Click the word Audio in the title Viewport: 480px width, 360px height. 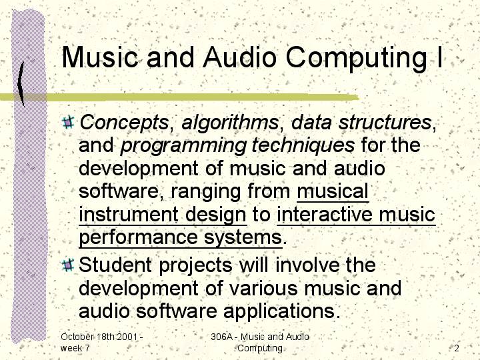tap(240, 57)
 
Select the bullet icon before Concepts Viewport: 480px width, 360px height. tap(68, 122)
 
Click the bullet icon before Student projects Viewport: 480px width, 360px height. tap(68, 265)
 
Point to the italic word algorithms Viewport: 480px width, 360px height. tap(230, 123)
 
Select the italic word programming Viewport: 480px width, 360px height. tap(183, 146)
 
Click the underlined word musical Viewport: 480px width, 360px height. tap(333, 191)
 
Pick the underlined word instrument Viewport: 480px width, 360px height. tap(129, 215)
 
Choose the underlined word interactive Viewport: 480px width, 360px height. tap(325, 214)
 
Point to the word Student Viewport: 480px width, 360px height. tap(115, 265)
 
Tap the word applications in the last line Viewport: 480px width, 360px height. tap(281, 311)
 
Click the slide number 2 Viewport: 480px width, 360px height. tap(457, 348)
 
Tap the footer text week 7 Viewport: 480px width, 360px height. tap(75, 348)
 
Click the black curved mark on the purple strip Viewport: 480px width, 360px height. tap(21, 83)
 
